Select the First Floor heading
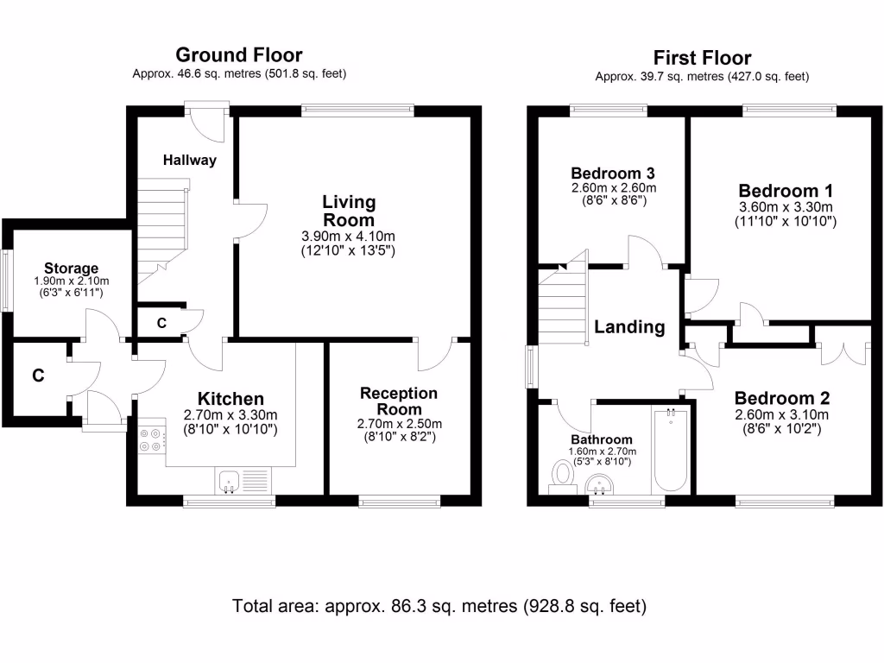(x=702, y=58)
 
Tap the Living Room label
(x=349, y=211)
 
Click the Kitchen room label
(x=230, y=399)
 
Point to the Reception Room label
(x=399, y=401)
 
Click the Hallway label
(x=190, y=160)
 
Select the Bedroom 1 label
(x=786, y=191)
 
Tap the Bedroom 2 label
(x=781, y=398)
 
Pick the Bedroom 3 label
(x=613, y=174)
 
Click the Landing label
(x=629, y=327)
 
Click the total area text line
(x=439, y=606)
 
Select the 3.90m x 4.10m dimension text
(x=349, y=237)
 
